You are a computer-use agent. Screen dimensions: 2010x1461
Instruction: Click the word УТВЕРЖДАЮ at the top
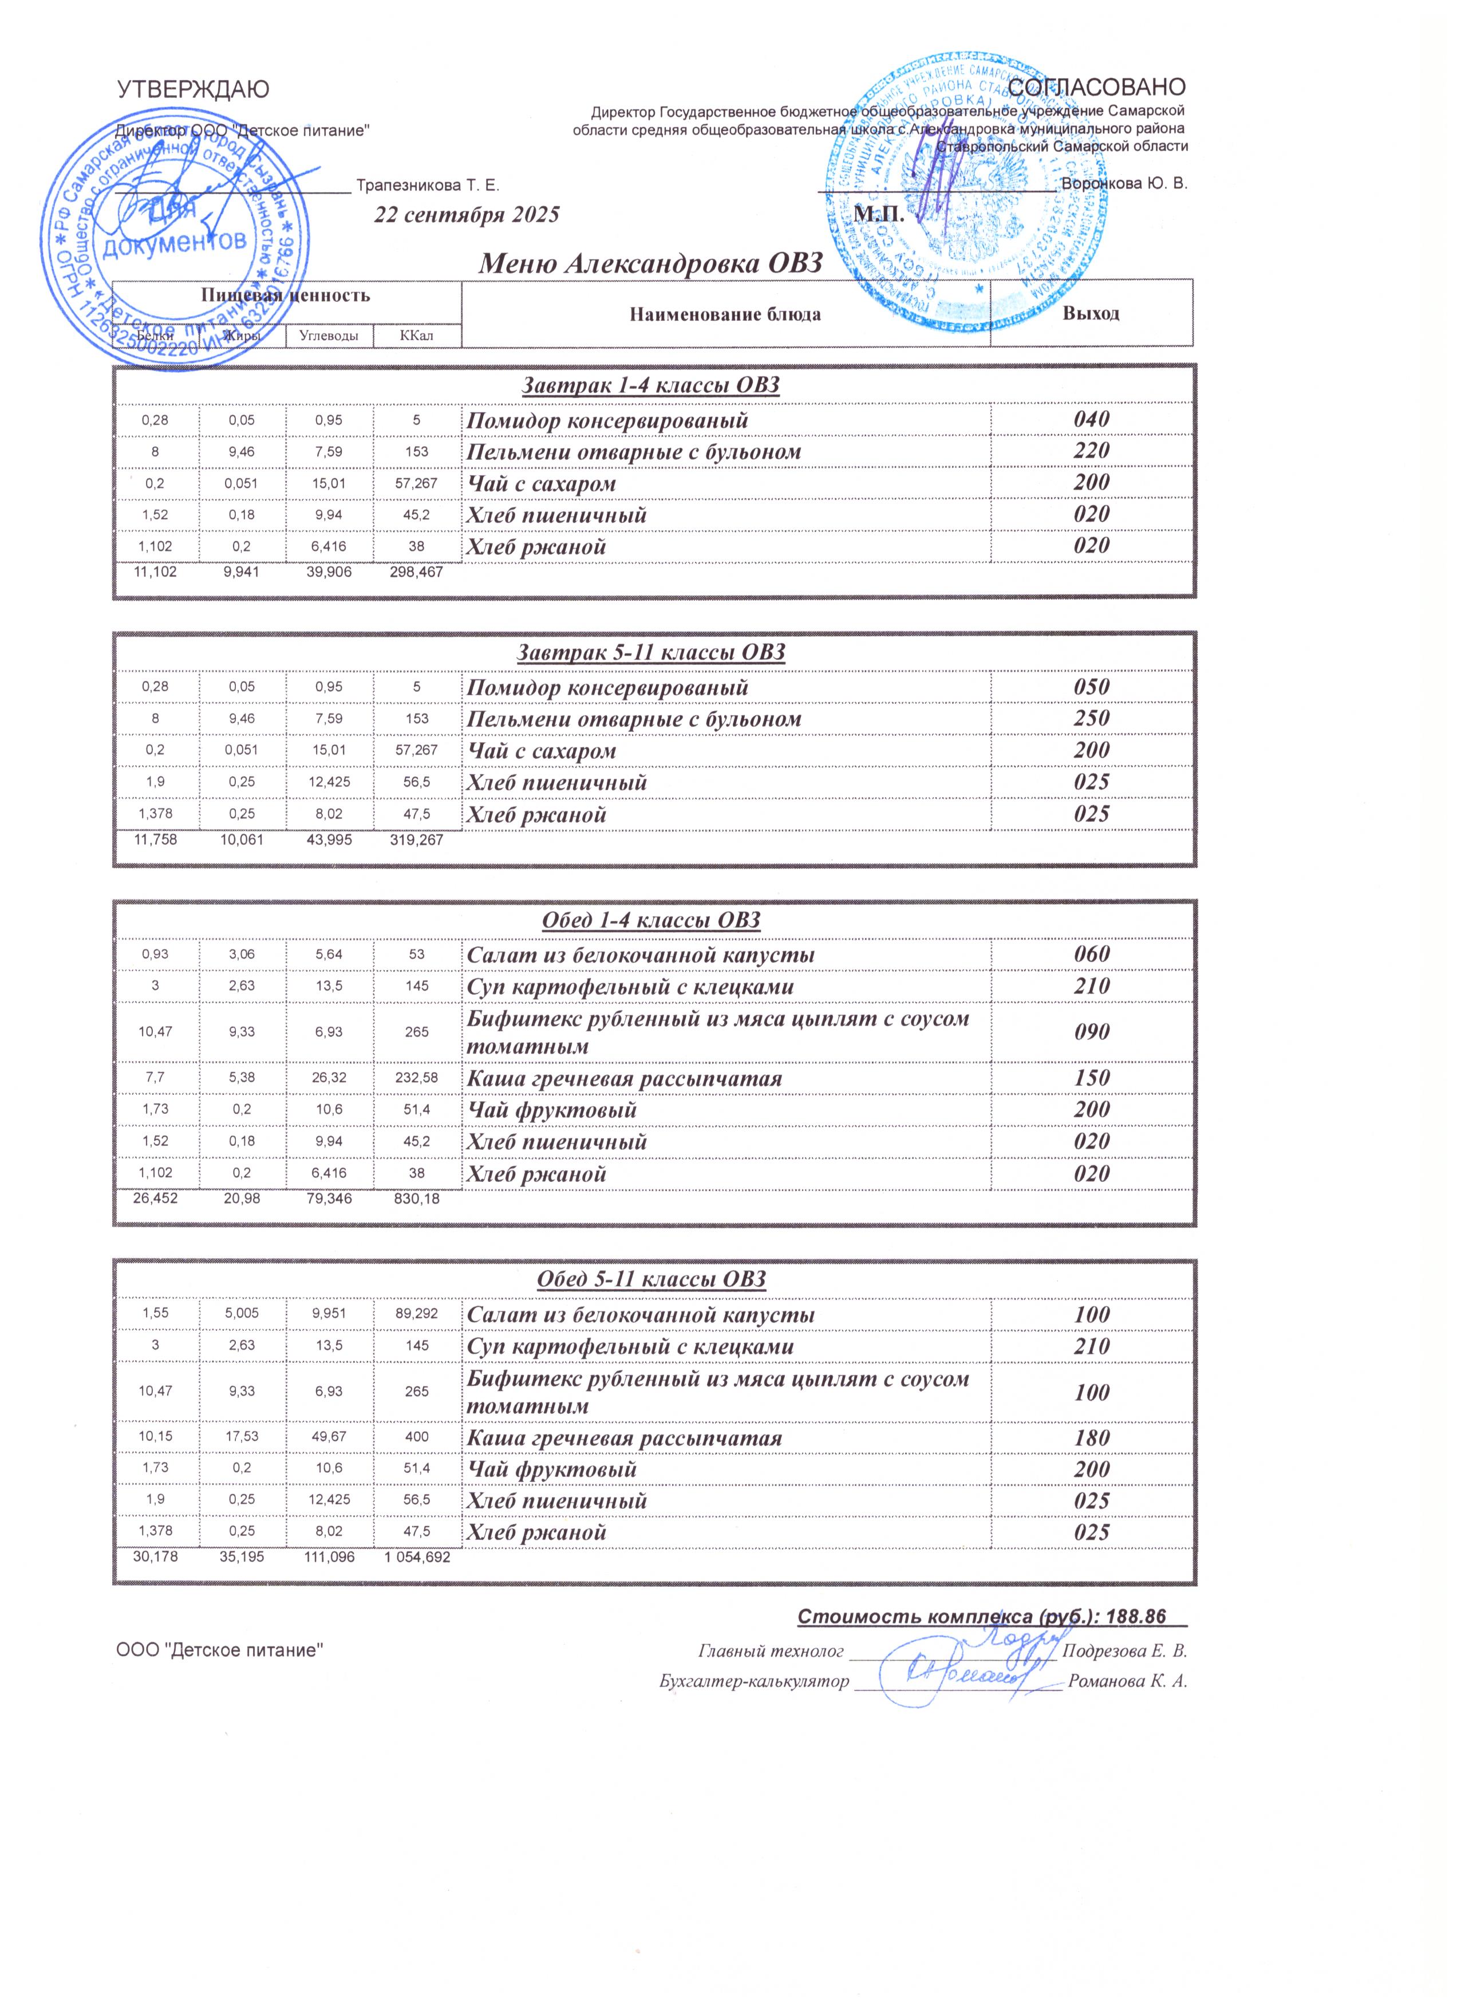[x=193, y=89]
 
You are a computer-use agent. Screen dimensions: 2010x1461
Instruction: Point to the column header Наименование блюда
[x=725, y=314]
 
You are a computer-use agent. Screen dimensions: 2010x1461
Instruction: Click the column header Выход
[x=1092, y=314]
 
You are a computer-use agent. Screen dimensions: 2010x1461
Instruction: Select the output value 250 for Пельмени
[x=1092, y=719]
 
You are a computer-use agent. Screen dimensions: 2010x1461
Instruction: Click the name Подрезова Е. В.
[x=1124, y=1651]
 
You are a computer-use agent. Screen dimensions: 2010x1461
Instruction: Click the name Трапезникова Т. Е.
[x=428, y=185]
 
